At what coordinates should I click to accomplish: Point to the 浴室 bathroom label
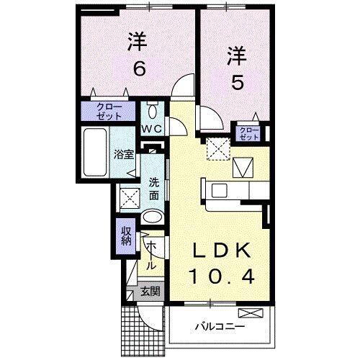tap(123, 154)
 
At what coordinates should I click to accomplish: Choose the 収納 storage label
tap(125, 236)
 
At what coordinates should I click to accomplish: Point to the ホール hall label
tap(151, 255)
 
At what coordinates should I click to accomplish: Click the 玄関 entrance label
tap(150, 292)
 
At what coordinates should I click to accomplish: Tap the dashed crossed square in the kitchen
tap(215, 149)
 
